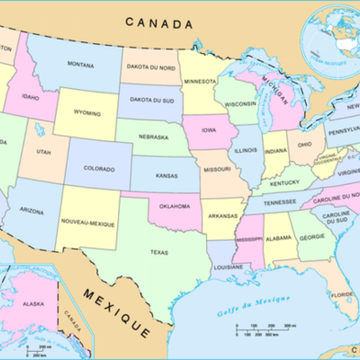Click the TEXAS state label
[159, 253]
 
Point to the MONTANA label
[80, 64]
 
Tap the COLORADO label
[99, 167]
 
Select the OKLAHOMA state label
[173, 206]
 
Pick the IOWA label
[208, 130]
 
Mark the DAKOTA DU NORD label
[149, 67]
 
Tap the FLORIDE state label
[342, 294]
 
